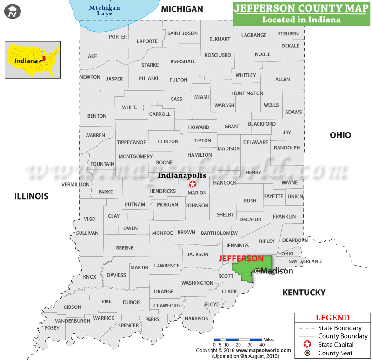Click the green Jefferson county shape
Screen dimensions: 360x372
click(x=244, y=270)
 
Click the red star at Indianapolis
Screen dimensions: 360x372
click(x=193, y=184)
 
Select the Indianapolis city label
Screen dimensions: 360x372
click(x=182, y=175)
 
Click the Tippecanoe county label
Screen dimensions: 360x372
click(x=132, y=142)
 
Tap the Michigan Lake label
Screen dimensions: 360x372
click(x=105, y=11)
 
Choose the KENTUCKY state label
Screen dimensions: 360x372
click(x=304, y=293)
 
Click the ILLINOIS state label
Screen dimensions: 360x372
click(x=31, y=196)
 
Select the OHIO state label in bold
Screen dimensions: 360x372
click(x=340, y=135)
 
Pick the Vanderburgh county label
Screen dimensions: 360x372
click(x=73, y=321)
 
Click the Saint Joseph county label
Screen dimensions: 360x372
click(x=183, y=33)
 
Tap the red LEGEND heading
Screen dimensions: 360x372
click(x=332, y=318)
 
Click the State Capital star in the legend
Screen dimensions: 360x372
click(x=306, y=345)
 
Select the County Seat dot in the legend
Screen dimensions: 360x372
click(x=306, y=353)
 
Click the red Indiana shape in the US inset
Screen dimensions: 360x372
click(x=43, y=59)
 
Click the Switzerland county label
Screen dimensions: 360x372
click(x=305, y=261)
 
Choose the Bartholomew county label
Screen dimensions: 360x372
click(x=219, y=233)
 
